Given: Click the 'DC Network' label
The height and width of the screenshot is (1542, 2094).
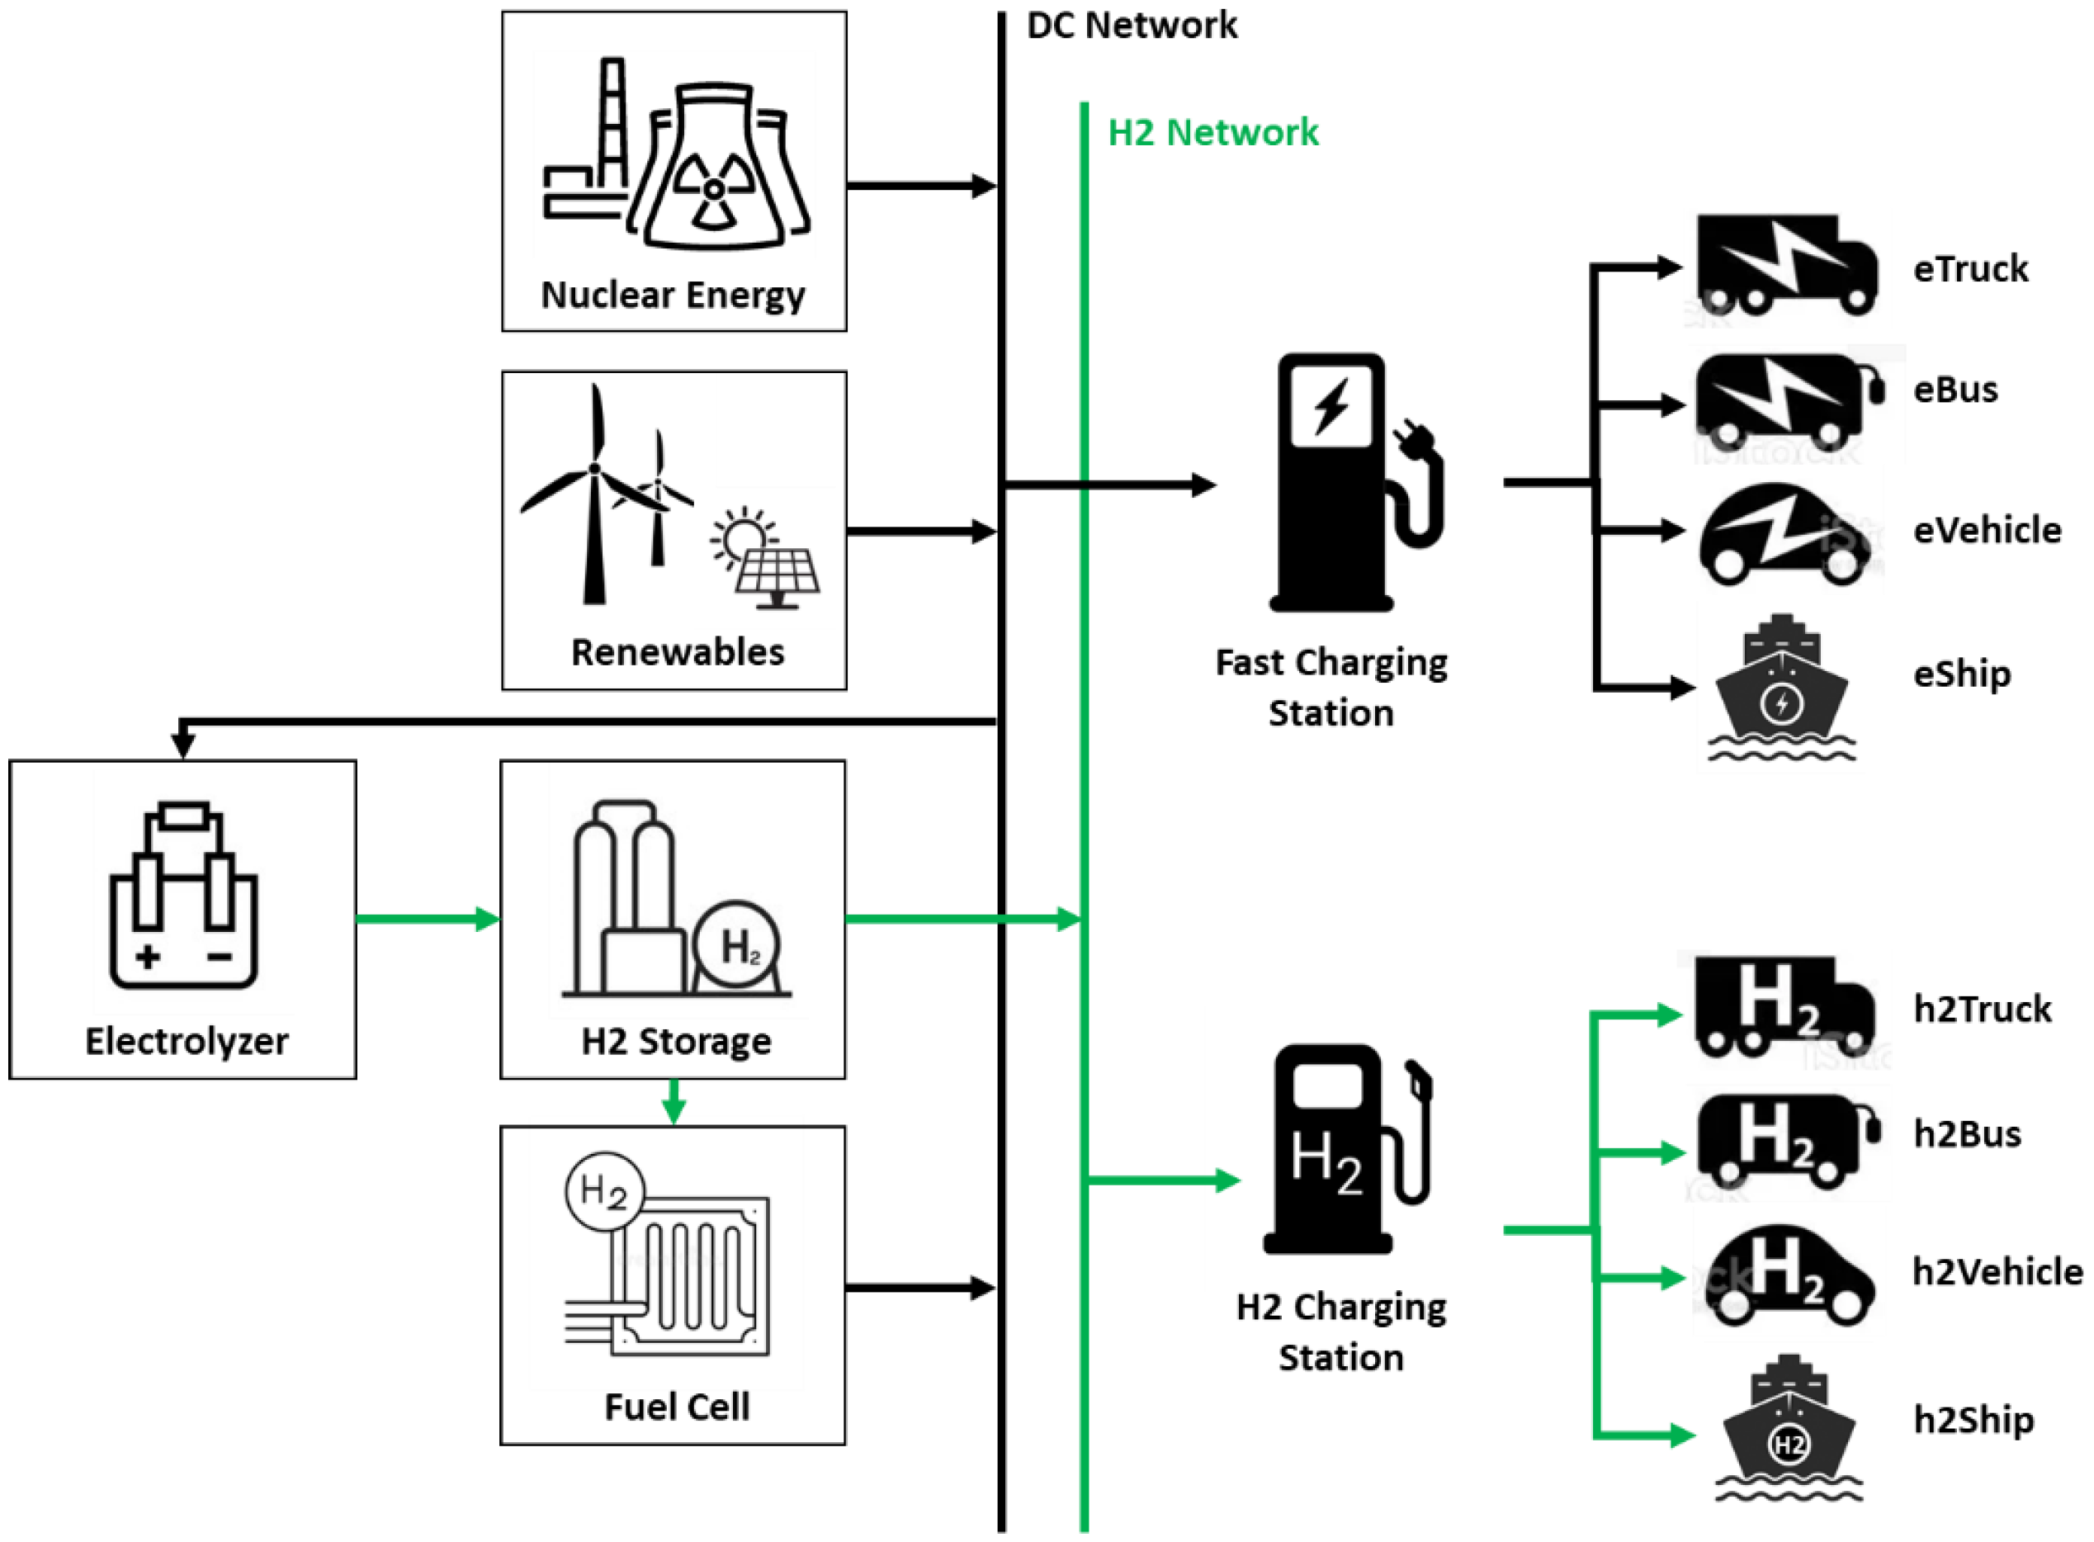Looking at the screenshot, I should pyautogui.click(x=1131, y=26).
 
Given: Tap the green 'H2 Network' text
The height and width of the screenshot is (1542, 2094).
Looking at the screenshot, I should pyautogui.click(x=1212, y=133).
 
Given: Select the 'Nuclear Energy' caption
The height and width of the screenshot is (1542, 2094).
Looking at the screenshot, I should pyautogui.click(x=673, y=295).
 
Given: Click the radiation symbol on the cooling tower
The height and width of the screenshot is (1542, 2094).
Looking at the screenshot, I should pyautogui.click(x=714, y=191).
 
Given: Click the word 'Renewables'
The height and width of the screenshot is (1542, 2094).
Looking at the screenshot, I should pyautogui.click(x=678, y=652).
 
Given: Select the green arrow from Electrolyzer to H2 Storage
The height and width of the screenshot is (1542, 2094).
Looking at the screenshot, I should pyautogui.click(x=428, y=920).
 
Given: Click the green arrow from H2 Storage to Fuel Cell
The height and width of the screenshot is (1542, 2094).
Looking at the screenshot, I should pyautogui.click(x=674, y=1102).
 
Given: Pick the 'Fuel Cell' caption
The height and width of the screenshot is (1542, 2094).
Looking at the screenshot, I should pyautogui.click(x=677, y=1407).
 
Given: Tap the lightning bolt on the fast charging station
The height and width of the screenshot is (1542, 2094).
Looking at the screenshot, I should pyautogui.click(x=1331, y=406).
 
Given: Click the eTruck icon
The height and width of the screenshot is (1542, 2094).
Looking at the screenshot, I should pyautogui.click(x=1785, y=265).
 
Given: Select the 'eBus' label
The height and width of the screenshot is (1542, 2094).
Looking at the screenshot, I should pyautogui.click(x=1955, y=390).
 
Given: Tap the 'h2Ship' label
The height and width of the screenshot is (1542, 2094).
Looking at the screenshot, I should pyautogui.click(x=1973, y=1421).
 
